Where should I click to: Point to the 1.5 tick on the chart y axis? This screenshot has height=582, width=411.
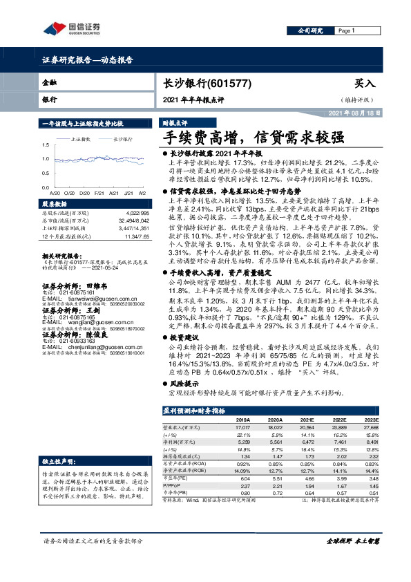46,144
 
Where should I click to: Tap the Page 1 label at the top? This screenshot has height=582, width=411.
347,31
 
